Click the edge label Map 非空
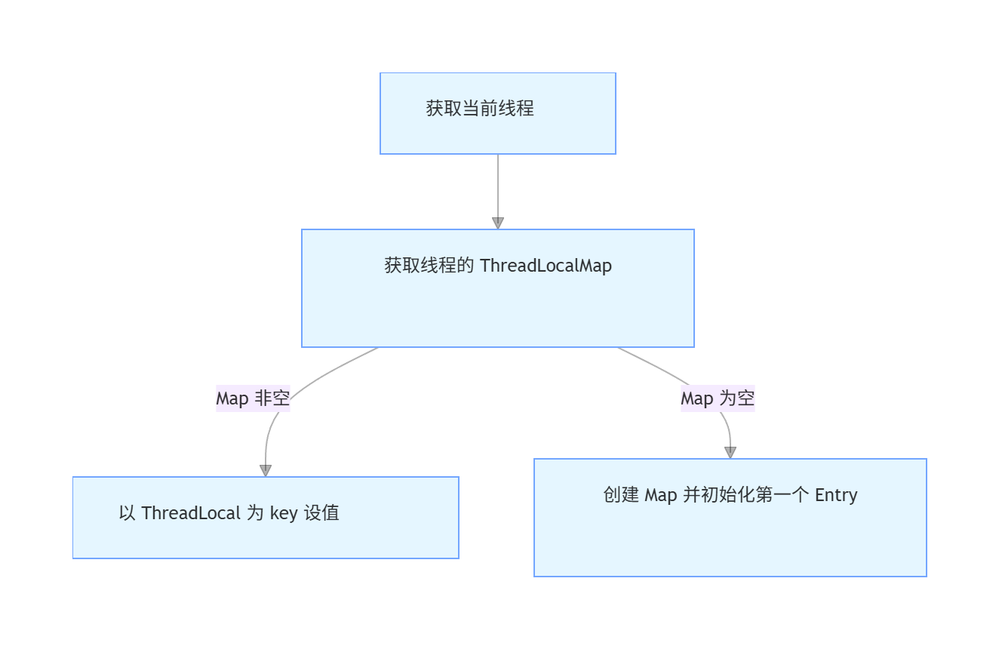pyautogui.click(x=253, y=398)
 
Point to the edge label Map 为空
pyautogui.click(x=718, y=398)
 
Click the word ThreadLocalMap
pyautogui.click(x=546, y=266)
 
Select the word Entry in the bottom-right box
pyautogui.click(x=836, y=495)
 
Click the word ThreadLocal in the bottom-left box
pyautogui.click(x=191, y=513)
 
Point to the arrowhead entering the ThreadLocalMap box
pyautogui.click(x=498, y=223)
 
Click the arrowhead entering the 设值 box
pyautogui.click(x=266, y=470)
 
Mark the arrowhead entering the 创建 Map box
pyautogui.click(x=730, y=452)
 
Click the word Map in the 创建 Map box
pyautogui.click(x=661, y=495)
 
